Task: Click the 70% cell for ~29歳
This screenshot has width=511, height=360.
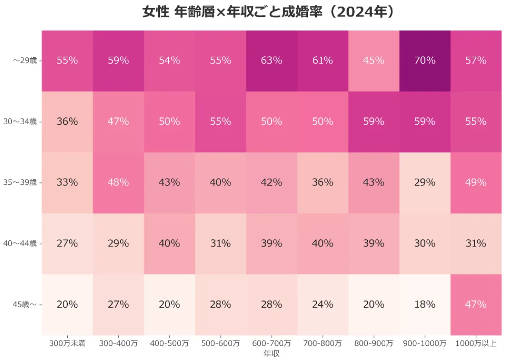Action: click(x=424, y=61)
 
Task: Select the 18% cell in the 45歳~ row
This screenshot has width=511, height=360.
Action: click(x=424, y=304)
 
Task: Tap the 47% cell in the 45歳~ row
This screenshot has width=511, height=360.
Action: click(x=475, y=304)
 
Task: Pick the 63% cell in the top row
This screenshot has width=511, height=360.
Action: click(x=271, y=61)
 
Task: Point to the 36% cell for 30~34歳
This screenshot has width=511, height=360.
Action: click(x=67, y=122)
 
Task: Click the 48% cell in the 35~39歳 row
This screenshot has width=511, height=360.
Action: click(x=118, y=183)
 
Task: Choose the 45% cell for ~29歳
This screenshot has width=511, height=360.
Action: click(x=373, y=61)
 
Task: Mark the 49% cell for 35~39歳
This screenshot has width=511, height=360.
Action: click(x=475, y=183)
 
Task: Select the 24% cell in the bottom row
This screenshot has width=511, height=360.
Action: click(x=322, y=304)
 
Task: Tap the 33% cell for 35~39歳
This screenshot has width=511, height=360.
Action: click(x=67, y=183)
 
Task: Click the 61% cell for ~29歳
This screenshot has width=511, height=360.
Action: click(x=322, y=61)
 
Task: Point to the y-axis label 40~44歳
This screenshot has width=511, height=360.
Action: click(x=20, y=243)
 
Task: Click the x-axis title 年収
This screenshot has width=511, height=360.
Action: click(x=271, y=353)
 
